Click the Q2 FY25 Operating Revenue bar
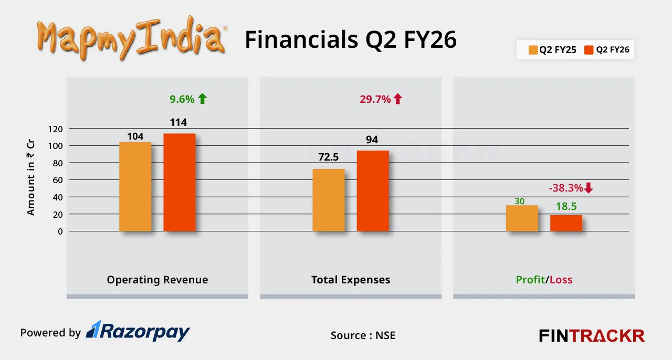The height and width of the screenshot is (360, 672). (x=135, y=187)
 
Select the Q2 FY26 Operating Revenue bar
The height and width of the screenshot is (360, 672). (x=180, y=183)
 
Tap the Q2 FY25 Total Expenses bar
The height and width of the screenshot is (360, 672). (x=329, y=200)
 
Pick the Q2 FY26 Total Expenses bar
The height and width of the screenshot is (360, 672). (x=373, y=191)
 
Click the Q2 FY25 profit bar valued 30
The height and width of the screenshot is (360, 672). (x=522, y=218)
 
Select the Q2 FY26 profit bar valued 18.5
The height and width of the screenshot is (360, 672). (x=566, y=223)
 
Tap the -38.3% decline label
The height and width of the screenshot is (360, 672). (x=570, y=188)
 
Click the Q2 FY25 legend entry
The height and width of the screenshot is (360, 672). (x=552, y=50)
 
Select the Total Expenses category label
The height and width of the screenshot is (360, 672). (x=351, y=280)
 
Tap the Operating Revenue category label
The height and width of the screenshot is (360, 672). (x=157, y=280)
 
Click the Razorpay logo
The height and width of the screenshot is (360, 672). (x=138, y=331)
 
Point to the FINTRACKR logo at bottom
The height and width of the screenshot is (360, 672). (x=592, y=335)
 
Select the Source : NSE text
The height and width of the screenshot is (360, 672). (x=362, y=335)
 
